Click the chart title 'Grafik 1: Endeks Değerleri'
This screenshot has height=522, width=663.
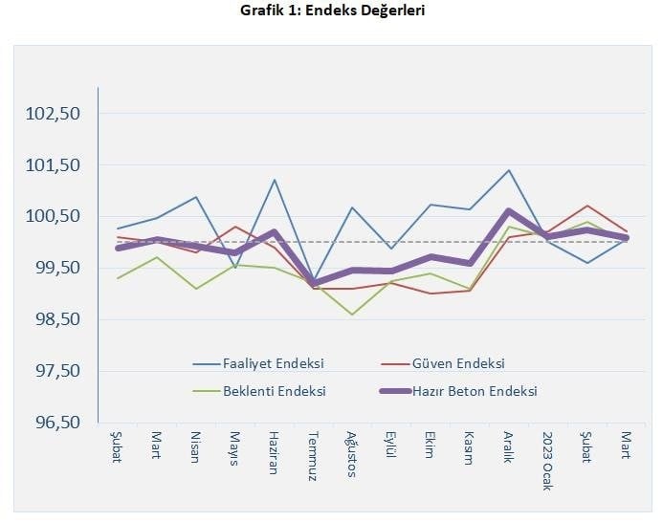[330, 11]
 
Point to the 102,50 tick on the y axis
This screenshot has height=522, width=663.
[55, 114]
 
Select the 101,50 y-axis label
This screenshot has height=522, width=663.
[55, 165]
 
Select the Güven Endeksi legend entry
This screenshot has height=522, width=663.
[457, 363]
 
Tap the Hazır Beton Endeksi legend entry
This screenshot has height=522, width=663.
[474, 391]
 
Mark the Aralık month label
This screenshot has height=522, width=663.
[509, 446]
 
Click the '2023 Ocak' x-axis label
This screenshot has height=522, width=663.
[548, 458]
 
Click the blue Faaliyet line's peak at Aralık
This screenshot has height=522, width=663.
[509, 170]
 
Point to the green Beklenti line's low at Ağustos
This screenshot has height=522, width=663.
[352, 315]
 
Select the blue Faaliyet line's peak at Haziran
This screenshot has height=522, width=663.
[274, 180]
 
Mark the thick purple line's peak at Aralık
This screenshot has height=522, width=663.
[509, 210]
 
